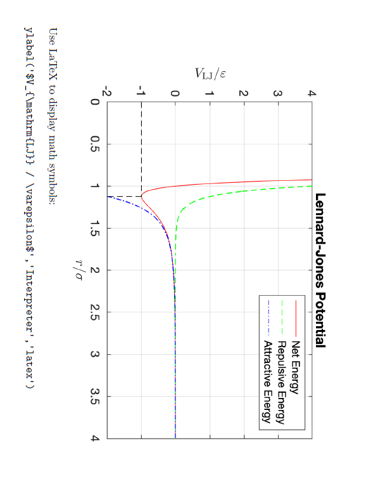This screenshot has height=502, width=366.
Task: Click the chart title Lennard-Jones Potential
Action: (320, 270)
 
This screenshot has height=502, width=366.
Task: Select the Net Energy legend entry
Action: (295, 362)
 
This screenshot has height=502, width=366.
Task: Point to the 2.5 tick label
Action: (96, 312)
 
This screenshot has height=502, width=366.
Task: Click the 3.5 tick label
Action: (96, 396)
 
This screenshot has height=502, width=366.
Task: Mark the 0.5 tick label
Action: (96, 144)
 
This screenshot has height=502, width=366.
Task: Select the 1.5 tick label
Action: (96, 228)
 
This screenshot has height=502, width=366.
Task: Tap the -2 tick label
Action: (107, 93)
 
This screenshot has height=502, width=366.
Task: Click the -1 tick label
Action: (141, 93)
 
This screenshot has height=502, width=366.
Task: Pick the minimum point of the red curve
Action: (141, 196)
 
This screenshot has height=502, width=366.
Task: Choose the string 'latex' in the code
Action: (28, 366)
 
